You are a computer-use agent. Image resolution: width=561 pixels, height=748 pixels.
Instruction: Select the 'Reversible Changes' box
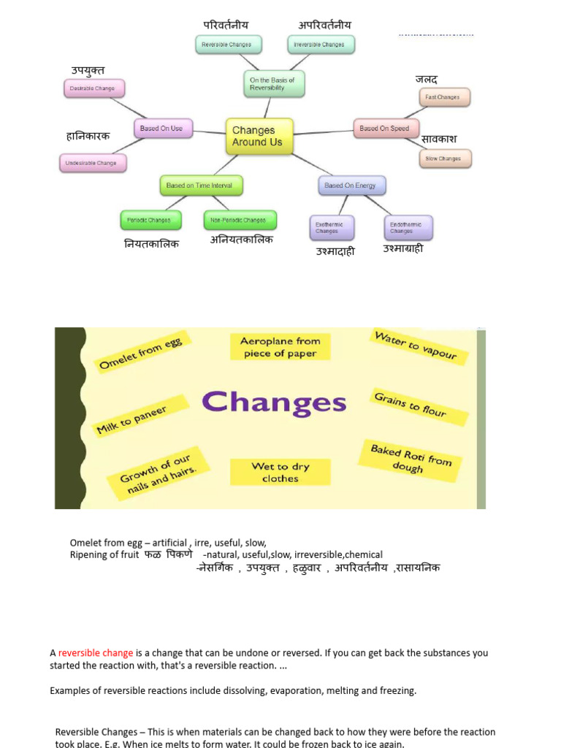coord(226,45)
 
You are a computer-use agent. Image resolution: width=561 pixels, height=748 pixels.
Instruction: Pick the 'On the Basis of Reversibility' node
coord(273,84)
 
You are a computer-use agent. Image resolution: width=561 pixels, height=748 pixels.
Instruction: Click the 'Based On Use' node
coord(161,129)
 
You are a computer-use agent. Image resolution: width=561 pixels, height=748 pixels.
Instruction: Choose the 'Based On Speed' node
coord(384,129)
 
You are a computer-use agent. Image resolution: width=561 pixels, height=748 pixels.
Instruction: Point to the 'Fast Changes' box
coord(443,97)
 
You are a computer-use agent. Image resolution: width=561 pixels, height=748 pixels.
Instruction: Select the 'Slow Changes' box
coord(444,159)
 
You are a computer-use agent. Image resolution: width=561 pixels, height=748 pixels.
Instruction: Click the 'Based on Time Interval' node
coord(200,186)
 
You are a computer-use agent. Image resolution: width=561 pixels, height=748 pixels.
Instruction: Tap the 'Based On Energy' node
coord(351,186)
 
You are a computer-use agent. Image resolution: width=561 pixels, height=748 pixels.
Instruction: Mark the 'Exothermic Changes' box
coord(332,227)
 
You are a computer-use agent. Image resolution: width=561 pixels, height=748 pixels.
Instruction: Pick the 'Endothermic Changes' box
coord(407,227)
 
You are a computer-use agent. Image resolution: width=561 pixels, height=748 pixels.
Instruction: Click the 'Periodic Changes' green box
coord(150,220)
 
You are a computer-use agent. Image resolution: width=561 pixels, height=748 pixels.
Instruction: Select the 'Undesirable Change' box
coord(92,163)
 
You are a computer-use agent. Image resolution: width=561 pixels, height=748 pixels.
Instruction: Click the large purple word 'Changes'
coord(274,402)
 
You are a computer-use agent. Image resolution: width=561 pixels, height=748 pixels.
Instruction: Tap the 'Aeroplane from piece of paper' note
coord(280,347)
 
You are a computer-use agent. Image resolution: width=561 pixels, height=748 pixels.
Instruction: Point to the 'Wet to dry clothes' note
coord(280,472)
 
